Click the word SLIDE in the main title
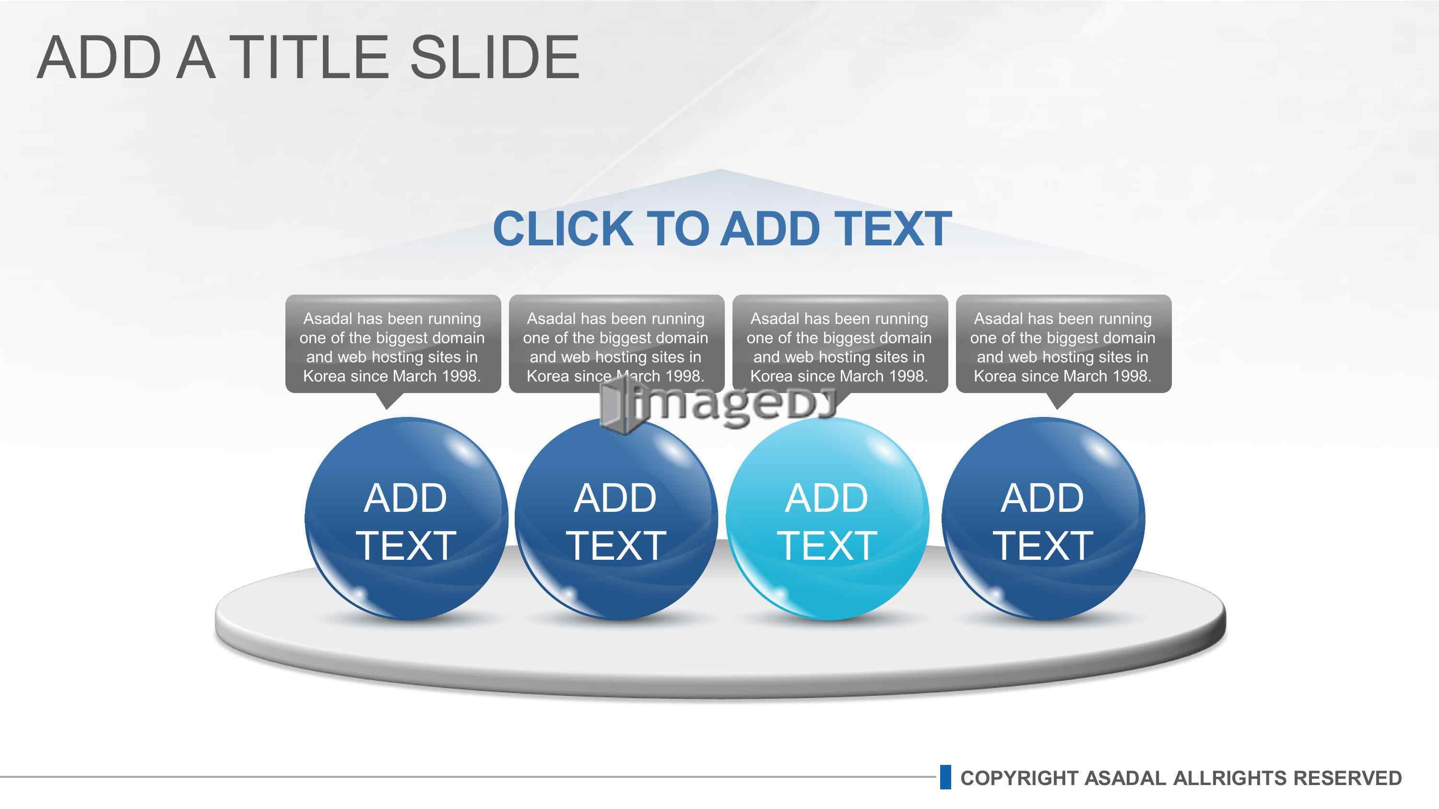[495, 57]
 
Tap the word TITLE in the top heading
[309, 57]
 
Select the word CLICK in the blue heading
[563, 229]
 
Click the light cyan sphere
[827, 519]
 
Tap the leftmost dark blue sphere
[406, 519]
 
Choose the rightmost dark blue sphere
[1043, 519]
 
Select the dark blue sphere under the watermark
[616, 519]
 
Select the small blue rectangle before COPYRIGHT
[945, 777]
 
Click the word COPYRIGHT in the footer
[1019, 778]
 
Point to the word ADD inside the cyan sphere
[827, 498]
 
